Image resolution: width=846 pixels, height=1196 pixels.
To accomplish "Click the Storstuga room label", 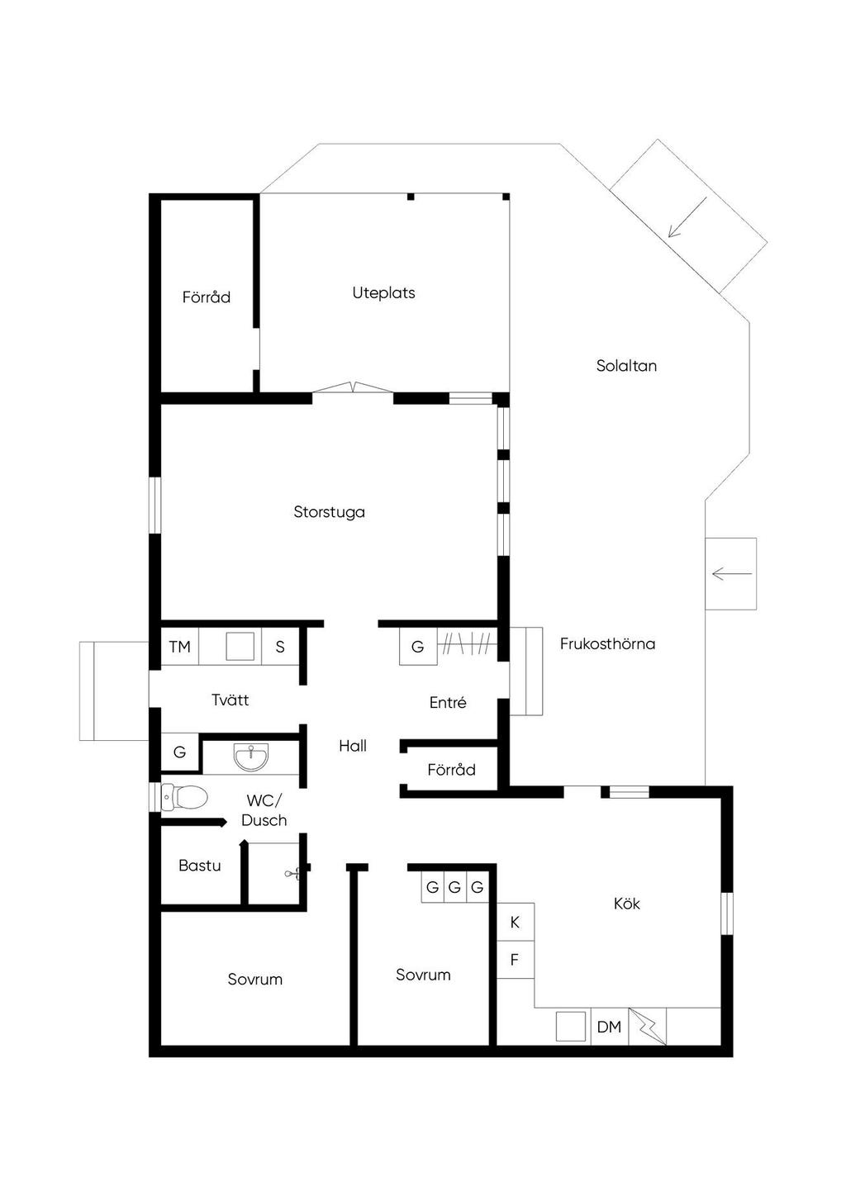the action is coord(329,512).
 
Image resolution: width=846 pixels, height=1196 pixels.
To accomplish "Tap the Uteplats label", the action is coord(383,293).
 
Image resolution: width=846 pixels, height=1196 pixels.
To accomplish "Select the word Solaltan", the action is coord(626,366).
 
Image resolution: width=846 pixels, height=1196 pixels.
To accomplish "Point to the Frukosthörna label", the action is coord(607,643).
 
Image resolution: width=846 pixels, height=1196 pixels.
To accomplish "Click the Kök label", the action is coord(626,904).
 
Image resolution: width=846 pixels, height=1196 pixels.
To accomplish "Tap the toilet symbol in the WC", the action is coord(184,798).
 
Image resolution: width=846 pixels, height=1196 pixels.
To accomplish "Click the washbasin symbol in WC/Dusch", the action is coord(250,757).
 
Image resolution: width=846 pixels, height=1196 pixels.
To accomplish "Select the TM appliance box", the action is coord(179,647).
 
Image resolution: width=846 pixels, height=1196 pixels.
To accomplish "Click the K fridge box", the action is coord(516,922).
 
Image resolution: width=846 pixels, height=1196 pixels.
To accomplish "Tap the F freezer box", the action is coord(516,960).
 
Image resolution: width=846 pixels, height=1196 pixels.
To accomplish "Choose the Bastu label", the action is coord(200,865).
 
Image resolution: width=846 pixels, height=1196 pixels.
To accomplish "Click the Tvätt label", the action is coord(231,700).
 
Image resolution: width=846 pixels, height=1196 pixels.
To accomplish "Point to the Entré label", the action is coord(448,702).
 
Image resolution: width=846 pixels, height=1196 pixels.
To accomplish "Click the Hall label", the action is coord(353,745).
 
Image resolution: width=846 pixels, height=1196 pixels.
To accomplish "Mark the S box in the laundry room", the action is coord(280,647).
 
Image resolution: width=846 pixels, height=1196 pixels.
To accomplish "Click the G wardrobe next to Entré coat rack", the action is coord(418,647).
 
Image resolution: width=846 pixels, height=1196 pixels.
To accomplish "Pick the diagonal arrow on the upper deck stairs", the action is coord(687,216).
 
